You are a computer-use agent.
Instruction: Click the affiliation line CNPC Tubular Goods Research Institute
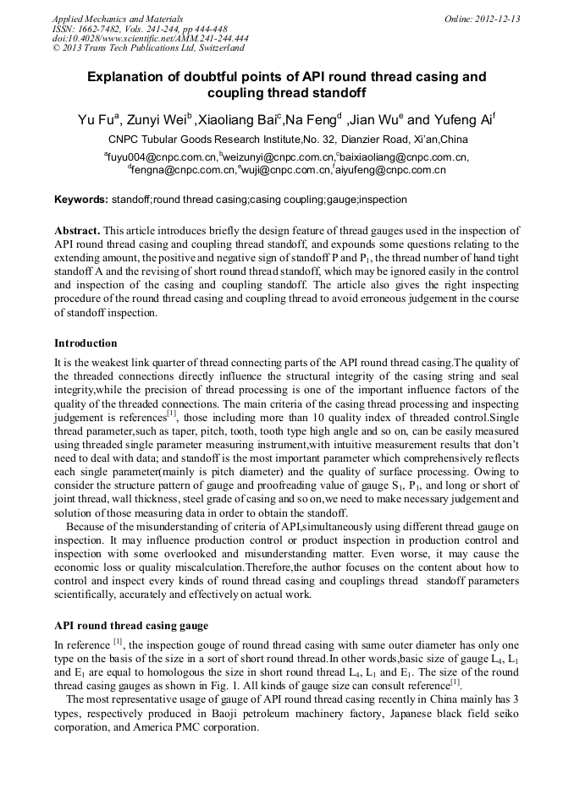tap(287, 140)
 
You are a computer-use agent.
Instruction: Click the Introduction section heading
tap(86, 343)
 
